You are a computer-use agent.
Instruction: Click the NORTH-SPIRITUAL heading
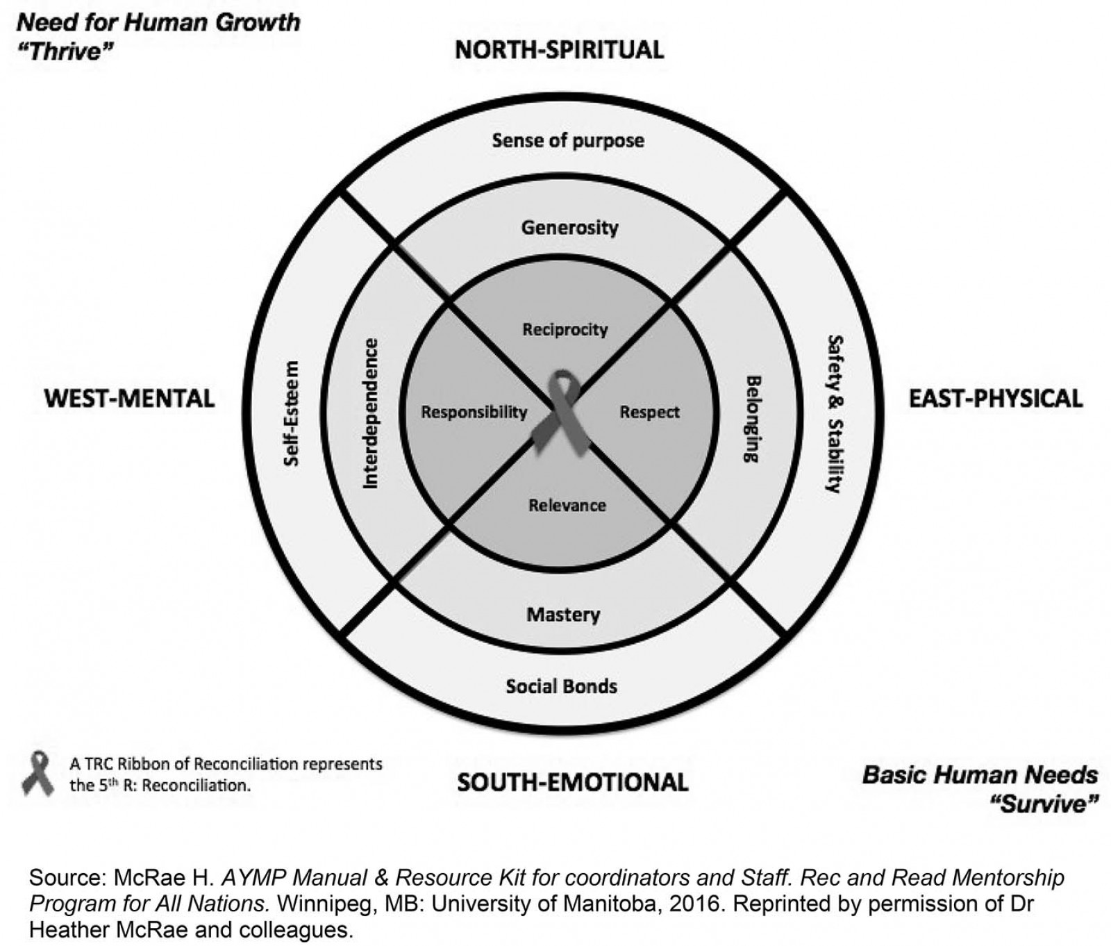tap(559, 50)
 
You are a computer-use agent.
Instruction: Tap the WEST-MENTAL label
tap(130, 399)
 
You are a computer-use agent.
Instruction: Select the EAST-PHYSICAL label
tap(996, 398)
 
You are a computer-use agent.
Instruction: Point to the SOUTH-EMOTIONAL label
tap(572, 782)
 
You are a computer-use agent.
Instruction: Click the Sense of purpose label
tap(568, 140)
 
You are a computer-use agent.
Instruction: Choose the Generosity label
tap(569, 227)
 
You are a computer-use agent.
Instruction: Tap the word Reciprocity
tap(565, 329)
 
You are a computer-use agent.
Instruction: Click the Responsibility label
tap(474, 413)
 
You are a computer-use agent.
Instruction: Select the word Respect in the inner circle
tap(649, 413)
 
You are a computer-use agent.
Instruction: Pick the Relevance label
tap(567, 505)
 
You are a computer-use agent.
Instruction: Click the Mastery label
tap(563, 615)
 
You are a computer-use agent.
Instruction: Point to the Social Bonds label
tap(561, 687)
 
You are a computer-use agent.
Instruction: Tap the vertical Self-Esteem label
tap(292, 413)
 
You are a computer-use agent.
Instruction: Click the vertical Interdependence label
tap(371, 413)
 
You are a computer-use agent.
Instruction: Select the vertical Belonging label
tap(752, 419)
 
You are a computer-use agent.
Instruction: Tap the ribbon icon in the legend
tap(37, 773)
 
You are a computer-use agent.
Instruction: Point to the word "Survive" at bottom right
tap(1044, 804)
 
